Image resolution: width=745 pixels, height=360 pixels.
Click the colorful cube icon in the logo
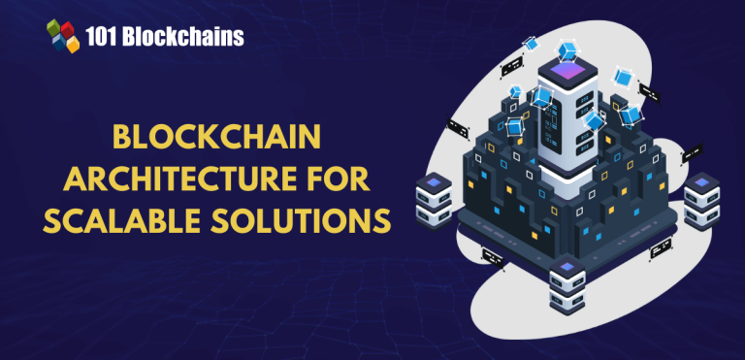63,37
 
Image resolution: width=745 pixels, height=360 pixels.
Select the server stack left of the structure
433,198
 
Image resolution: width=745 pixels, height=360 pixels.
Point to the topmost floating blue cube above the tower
531,44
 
